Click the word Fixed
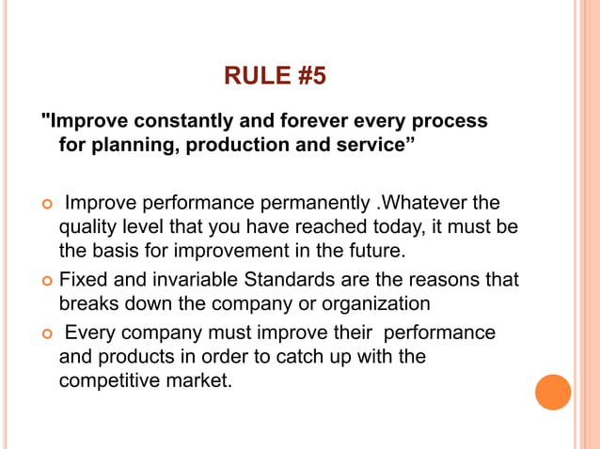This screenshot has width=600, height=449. pyautogui.click(x=82, y=279)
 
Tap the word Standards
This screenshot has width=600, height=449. pyautogui.click(x=275, y=279)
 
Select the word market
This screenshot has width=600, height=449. pyautogui.click(x=198, y=382)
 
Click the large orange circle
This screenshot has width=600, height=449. pyautogui.click(x=553, y=393)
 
